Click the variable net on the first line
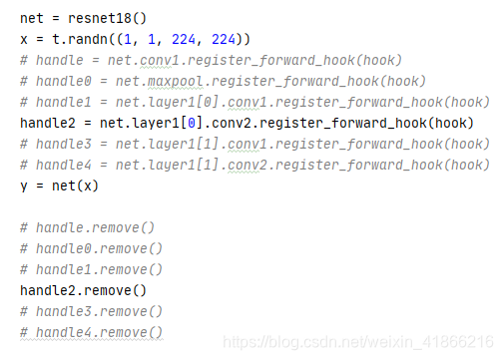pos(32,18)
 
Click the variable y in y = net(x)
pos(24,185)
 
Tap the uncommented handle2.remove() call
pos(83,290)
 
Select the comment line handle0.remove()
pos(91,248)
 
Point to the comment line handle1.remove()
pos(91,269)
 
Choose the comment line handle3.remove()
pos(91,311)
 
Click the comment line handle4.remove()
pos(91,332)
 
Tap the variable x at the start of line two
pos(24,39)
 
